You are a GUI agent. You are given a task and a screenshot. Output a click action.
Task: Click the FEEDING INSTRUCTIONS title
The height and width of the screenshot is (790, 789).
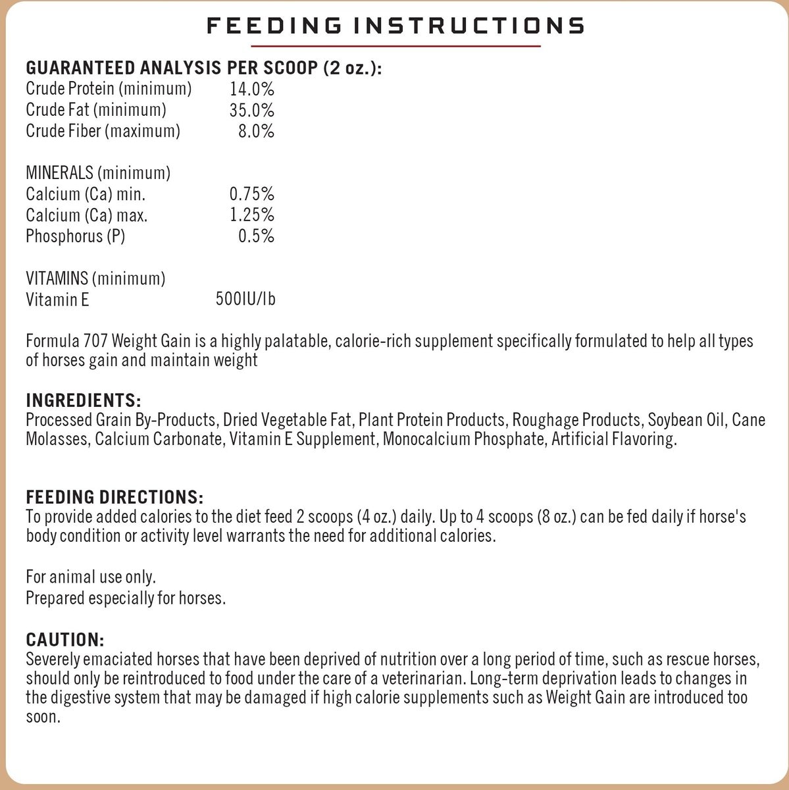coord(395,26)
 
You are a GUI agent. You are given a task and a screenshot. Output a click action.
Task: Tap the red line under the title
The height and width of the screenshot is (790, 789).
coord(395,46)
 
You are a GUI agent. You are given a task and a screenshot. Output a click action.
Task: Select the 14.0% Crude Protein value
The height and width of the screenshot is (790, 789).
coord(252,89)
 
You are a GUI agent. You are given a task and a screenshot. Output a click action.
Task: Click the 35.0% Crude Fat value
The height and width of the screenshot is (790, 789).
coord(252,110)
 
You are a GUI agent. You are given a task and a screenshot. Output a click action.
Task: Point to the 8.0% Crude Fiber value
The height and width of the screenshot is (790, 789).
coord(256,131)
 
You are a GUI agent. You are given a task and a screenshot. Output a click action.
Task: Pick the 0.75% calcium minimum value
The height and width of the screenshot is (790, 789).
coord(252,194)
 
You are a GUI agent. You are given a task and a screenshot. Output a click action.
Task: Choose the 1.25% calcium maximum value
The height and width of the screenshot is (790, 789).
coord(252,215)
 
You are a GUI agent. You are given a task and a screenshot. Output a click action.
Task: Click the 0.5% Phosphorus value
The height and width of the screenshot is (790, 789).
coord(256,236)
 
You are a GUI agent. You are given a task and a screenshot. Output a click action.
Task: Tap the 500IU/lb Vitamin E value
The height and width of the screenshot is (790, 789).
coord(245,300)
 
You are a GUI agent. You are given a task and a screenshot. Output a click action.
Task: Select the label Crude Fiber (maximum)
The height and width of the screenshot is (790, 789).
coord(103,131)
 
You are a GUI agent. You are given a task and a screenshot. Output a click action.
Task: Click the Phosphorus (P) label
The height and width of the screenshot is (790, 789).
coord(75,236)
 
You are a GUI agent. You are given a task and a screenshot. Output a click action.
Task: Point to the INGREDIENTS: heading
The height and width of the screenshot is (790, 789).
coord(84,400)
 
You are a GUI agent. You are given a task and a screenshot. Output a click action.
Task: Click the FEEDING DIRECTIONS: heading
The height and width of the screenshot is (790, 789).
coord(115,496)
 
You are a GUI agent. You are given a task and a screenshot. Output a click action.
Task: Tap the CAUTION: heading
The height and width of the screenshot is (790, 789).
coord(65,639)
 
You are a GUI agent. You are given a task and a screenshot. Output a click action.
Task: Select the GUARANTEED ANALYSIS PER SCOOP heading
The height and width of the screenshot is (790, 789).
coord(203,68)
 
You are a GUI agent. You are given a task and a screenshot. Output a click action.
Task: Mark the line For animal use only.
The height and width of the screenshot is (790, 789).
coord(91,578)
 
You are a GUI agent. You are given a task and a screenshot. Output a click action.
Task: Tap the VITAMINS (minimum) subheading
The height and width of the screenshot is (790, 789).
coord(95,278)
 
